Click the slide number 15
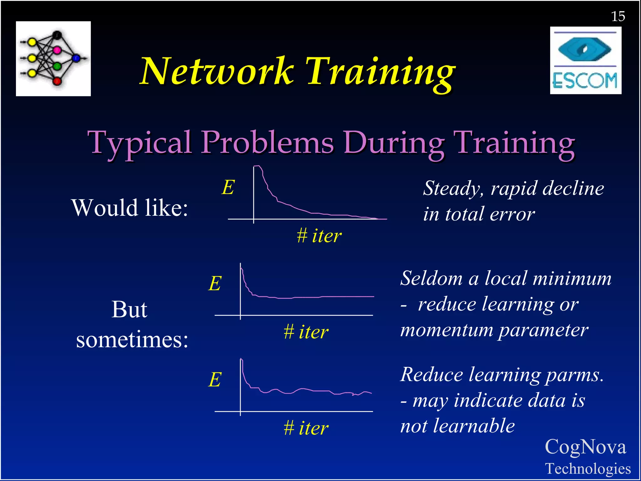click(x=618, y=16)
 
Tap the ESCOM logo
click(x=585, y=60)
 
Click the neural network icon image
click(x=53, y=59)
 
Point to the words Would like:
click(x=130, y=208)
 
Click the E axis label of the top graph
click(x=228, y=188)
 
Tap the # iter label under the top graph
click(x=319, y=235)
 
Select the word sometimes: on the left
click(x=132, y=340)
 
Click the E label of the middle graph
click(x=215, y=284)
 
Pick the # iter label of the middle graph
click(x=306, y=332)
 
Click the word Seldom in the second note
click(x=431, y=278)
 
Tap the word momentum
click(x=446, y=330)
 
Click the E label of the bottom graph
click(x=215, y=380)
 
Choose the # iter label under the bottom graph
click(x=306, y=428)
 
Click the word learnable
click(x=474, y=426)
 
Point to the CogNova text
click(x=585, y=447)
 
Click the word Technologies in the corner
click(x=588, y=469)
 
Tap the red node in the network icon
click(x=57, y=81)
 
